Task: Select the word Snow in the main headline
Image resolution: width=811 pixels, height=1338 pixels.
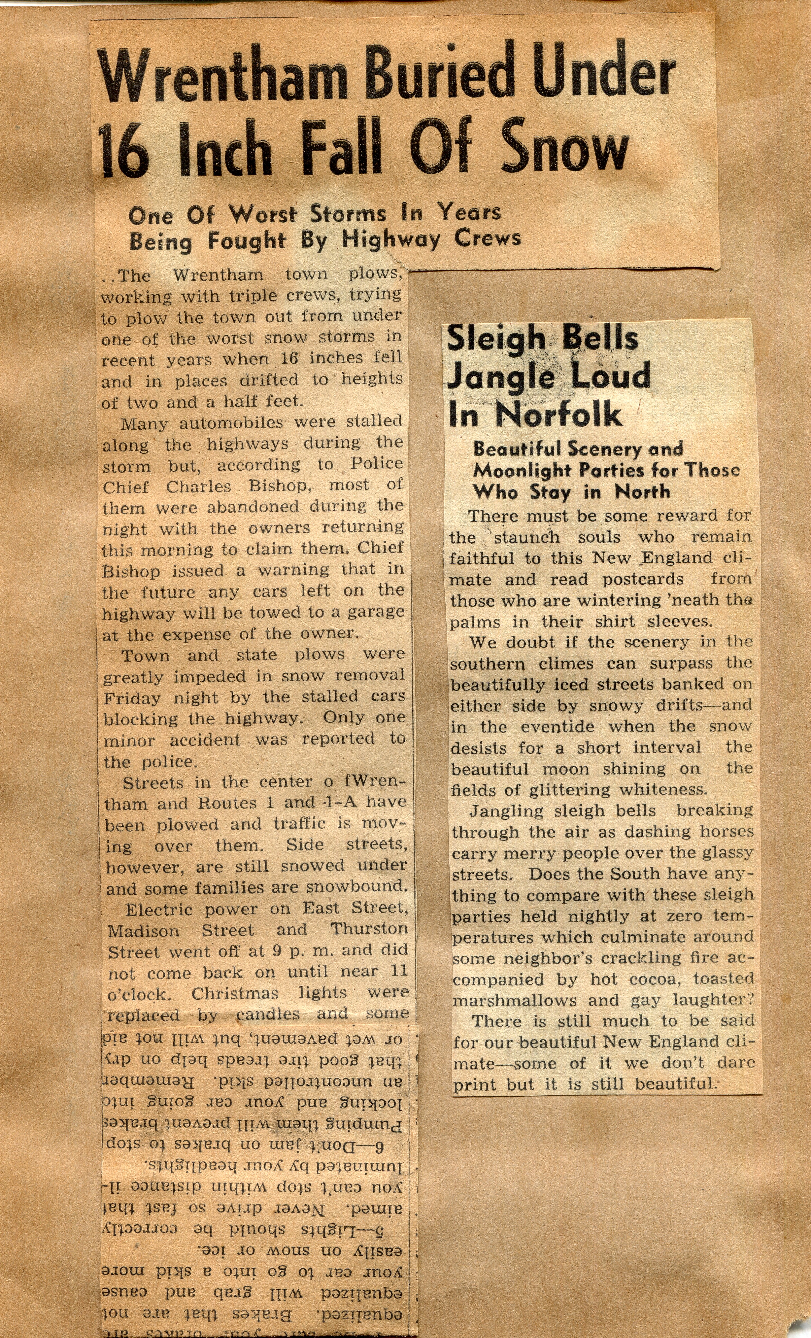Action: pyautogui.click(x=564, y=145)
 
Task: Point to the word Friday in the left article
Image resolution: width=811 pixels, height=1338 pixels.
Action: pyautogui.click(x=132, y=698)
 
